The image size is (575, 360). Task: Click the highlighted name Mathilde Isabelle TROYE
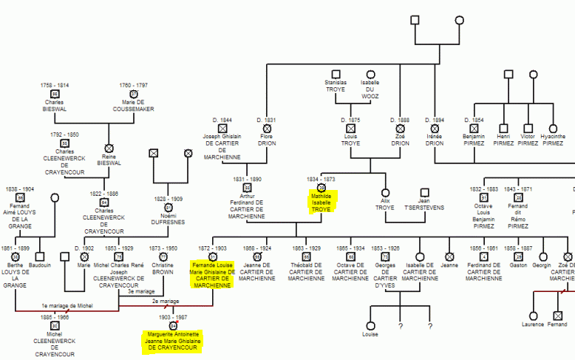pyautogui.click(x=321, y=203)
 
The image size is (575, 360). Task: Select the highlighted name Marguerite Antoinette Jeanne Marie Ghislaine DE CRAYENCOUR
pyautogui.click(x=173, y=341)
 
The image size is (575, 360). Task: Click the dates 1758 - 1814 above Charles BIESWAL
pyautogui.click(x=55, y=86)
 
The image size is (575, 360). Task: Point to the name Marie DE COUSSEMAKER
pyautogui.click(x=134, y=106)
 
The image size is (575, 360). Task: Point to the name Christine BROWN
pyautogui.click(x=163, y=268)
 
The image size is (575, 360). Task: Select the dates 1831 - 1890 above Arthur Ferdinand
pyautogui.click(x=247, y=179)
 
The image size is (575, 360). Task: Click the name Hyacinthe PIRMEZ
pyautogui.click(x=552, y=140)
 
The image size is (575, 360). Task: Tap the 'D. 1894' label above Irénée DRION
pyautogui.click(x=435, y=120)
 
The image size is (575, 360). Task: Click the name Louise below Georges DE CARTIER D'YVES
pyautogui.click(x=370, y=334)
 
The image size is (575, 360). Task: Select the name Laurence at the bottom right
pyautogui.click(x=532, y=325)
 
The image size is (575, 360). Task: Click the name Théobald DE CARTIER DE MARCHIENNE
pyautogui.click(x=306, y=271)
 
